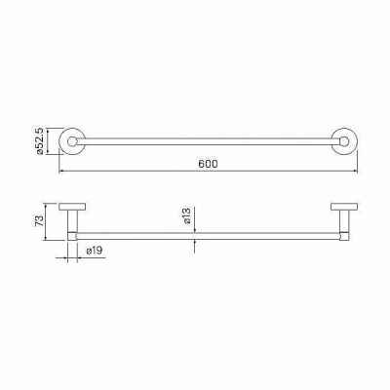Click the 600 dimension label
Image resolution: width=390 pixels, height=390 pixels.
[x=208, y=164]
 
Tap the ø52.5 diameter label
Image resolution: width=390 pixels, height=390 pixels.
[x=40, y=141]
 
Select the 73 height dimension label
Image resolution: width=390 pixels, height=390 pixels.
[x=39, y=221]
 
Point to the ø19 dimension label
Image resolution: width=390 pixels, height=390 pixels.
[x=95, y=251]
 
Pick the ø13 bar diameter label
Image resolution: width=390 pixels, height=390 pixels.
[x=186, y=216]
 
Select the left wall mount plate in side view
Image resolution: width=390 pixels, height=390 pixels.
[x=72, y=207]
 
